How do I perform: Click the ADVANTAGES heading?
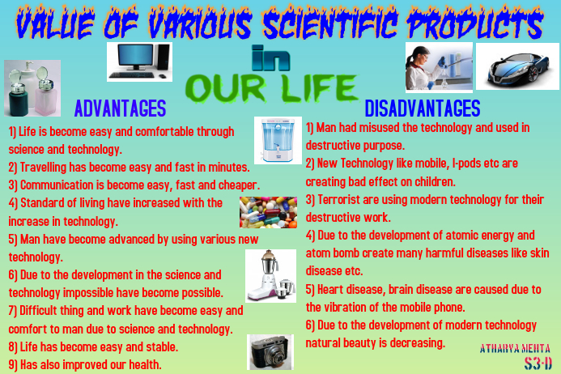tap(120, 108)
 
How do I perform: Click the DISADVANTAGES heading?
tap(422, 108)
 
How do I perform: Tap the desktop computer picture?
tap(139, 62)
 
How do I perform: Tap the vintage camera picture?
tap(270, 352)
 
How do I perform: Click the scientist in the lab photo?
tap(438, 66)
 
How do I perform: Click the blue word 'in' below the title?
tap(269, 58)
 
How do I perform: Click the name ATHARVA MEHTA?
tap(508, 348)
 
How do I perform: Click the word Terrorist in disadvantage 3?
tap(344, 199)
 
